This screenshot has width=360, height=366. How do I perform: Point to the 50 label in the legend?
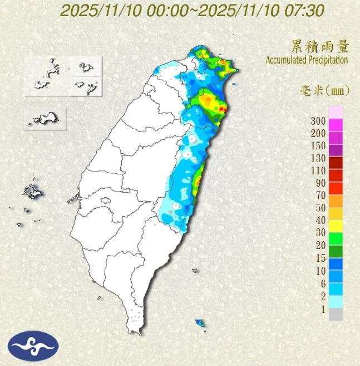322,207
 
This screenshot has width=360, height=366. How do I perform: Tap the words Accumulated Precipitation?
307,60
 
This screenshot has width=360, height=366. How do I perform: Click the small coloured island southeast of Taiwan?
200,323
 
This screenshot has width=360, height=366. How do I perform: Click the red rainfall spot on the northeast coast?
222,109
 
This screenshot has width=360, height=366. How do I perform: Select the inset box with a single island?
45,118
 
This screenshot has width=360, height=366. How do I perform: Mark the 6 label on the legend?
323,282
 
